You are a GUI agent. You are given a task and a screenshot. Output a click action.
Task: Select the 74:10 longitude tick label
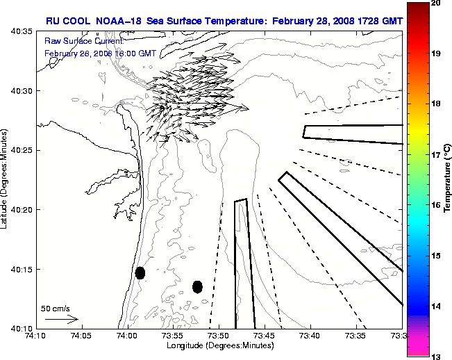(x=35, y=336)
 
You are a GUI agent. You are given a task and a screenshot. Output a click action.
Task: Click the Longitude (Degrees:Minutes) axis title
(x=219, y=345)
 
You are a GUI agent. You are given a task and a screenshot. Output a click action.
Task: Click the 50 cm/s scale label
(x=55, y=308)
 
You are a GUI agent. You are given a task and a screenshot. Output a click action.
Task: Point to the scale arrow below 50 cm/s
(x=61, y=319)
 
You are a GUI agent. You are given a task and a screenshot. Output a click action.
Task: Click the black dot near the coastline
(x=140, y=272)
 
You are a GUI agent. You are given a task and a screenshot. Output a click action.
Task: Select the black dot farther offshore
(x=197, y=286)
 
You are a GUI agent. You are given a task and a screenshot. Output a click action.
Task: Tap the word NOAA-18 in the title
(x=118, y=21)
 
